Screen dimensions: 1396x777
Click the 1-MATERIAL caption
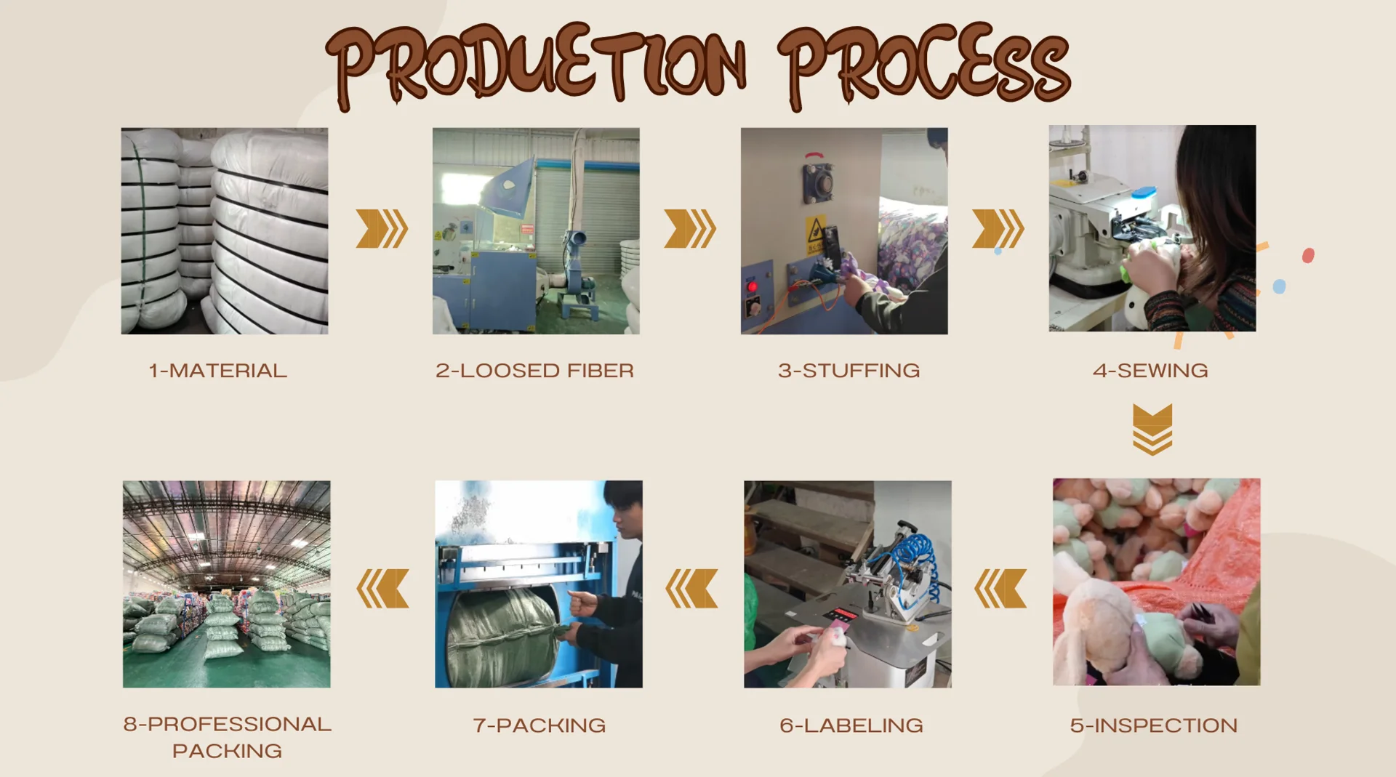[218, 371]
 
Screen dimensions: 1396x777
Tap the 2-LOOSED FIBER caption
[535, 371]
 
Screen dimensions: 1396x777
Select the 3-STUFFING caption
[849, 371]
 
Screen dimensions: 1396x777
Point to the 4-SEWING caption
[1151, 371]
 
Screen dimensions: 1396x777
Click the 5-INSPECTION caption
[1154, 725]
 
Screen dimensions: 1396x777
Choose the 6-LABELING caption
[851, 725]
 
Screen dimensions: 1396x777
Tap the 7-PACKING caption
[539, 725]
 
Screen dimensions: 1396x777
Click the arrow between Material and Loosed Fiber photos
[382, 229]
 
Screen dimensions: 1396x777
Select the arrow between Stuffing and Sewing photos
[998, 229]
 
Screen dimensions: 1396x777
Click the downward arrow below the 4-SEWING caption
[1152, 430]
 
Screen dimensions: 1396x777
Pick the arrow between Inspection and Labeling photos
[1000, 588]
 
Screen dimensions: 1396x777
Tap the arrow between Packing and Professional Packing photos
[382, 588]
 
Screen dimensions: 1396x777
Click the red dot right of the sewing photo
[1308, 256]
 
